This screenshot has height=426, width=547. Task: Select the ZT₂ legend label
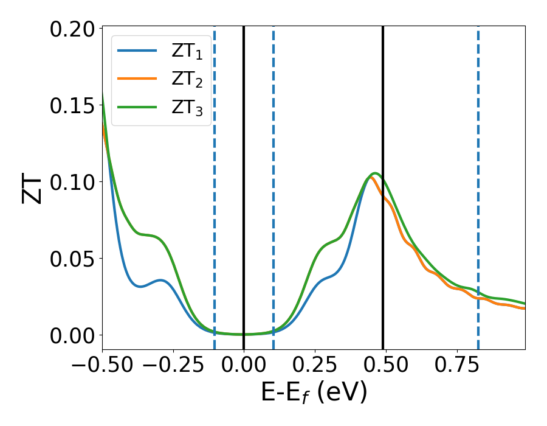(x=187, y=79)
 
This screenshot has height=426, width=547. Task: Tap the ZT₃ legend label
(x=187, y=107)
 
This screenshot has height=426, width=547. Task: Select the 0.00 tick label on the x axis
(x=244, y=367)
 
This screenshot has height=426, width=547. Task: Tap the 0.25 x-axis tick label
(x=315, y=367)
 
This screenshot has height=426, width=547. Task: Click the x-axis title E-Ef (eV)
(x=314, y=394)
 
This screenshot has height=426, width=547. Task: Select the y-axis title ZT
(x=33, y=189)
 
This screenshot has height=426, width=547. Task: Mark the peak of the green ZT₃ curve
(x=375, y=173)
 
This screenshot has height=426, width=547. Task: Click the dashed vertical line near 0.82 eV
(x=478, y=183)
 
